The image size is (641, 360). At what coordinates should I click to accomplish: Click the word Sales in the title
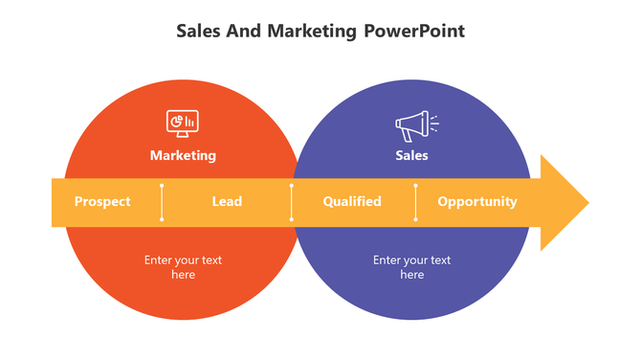pos(199,31)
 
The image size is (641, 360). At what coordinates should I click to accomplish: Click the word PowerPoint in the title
pos(414,31)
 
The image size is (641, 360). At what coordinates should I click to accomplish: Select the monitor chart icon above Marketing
pos(182,124)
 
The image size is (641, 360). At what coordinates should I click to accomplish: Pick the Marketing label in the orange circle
pos(183,155)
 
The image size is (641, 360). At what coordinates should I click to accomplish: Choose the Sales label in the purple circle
pos(411,155)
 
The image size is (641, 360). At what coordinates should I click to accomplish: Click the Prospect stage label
pos(102,202)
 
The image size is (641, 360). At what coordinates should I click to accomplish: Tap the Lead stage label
pos(227,202)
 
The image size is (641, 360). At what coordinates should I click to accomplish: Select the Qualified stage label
pos(352,202)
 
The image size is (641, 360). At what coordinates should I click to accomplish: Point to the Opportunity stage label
pos(477,202)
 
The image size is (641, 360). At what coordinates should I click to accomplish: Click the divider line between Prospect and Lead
pos(162,202)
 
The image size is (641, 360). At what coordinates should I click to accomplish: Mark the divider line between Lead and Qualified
pos(292,202)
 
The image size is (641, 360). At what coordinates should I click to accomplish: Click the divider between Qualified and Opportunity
pos(415,202)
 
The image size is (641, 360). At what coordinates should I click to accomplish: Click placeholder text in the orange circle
pos(183,267)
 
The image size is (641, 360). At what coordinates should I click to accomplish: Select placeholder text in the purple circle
pos(411,267)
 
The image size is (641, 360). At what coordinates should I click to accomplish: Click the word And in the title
pos(243,31)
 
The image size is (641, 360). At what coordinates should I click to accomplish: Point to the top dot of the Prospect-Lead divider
pos(162,185)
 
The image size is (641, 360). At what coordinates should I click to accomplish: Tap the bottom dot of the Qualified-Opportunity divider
pos(415,219)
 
